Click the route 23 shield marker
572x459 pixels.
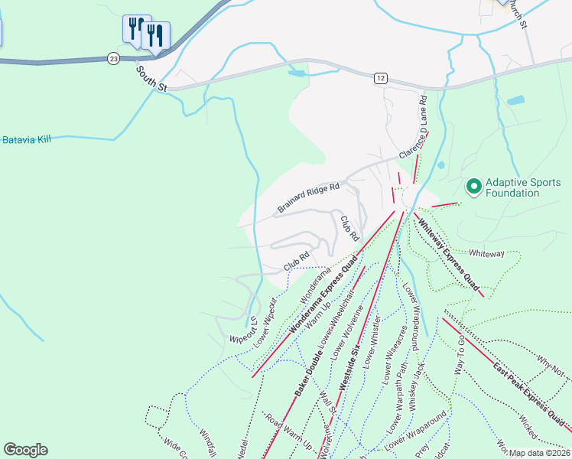(x=113, y=58)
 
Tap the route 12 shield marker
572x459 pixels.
(x=381, y=78)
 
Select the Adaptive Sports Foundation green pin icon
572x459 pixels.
(x=473, y=185)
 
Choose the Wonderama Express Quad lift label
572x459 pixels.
(x=323, y=298)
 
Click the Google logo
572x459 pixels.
(x=25, y=450)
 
